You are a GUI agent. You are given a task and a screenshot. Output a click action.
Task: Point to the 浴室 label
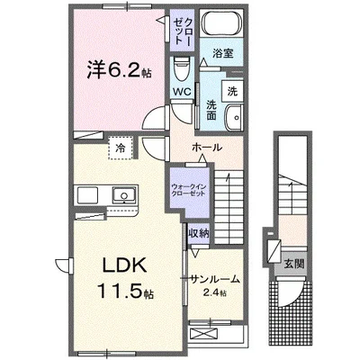pyautogui.click(x=223, y=54)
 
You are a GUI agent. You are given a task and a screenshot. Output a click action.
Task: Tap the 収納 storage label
pyautogui.click(x=198, y=232)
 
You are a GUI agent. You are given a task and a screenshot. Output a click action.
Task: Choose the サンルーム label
pyautogui.click(x=214, y=278)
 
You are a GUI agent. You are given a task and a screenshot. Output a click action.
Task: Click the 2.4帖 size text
pyautogui.click(x=216, y=293)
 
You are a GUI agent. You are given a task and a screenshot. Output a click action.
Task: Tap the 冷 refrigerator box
pyautogui.click(x=118, y=145)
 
